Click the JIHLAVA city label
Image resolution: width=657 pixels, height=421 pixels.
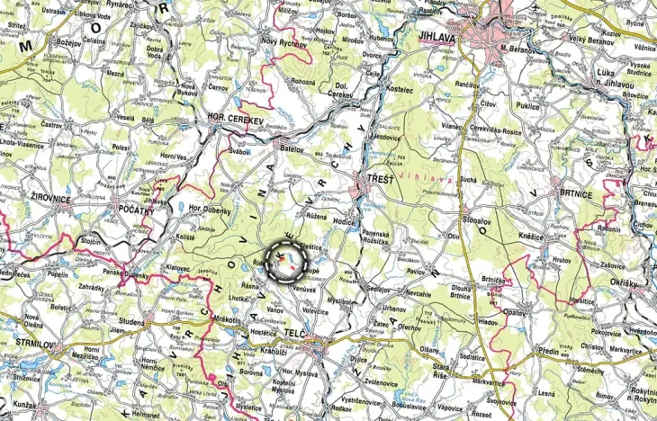[438, 38]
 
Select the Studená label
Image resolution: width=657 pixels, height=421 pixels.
[131, 320]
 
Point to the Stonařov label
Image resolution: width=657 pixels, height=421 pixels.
[473, 220]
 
